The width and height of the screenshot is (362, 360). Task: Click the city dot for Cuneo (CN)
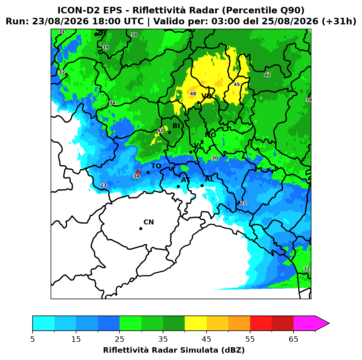tap(141, 229)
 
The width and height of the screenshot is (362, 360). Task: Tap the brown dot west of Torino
tap(138, 172)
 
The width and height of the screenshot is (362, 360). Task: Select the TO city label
tap(156, 166)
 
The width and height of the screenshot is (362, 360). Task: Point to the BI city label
tap(176, 126)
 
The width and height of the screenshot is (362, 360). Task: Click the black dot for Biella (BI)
tap(169, 133)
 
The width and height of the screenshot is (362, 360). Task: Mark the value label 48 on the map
tap(193, 94)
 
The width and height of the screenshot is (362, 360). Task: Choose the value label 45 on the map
tap(237, 84)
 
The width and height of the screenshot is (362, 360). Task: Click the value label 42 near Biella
tap(160, 130)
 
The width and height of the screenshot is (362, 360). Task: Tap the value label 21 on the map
tap(243, 203)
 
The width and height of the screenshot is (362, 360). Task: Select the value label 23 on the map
tap(103, 185)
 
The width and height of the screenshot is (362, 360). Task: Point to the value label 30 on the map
tap(215, 158)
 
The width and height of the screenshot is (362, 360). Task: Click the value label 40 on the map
tap(267, 75)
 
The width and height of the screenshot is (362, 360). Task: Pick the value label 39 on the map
tap(106, 47)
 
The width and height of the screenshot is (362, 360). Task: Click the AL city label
tap(210, 179)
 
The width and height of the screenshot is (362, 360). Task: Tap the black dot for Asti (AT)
tap(178, 186)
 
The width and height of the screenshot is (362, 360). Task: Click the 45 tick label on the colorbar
tap(207, 339)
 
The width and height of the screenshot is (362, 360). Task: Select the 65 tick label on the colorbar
tap(293, 339)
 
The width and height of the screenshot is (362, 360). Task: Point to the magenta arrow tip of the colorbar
tap(329, 324)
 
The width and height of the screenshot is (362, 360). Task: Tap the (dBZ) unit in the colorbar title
tap(233, 350)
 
